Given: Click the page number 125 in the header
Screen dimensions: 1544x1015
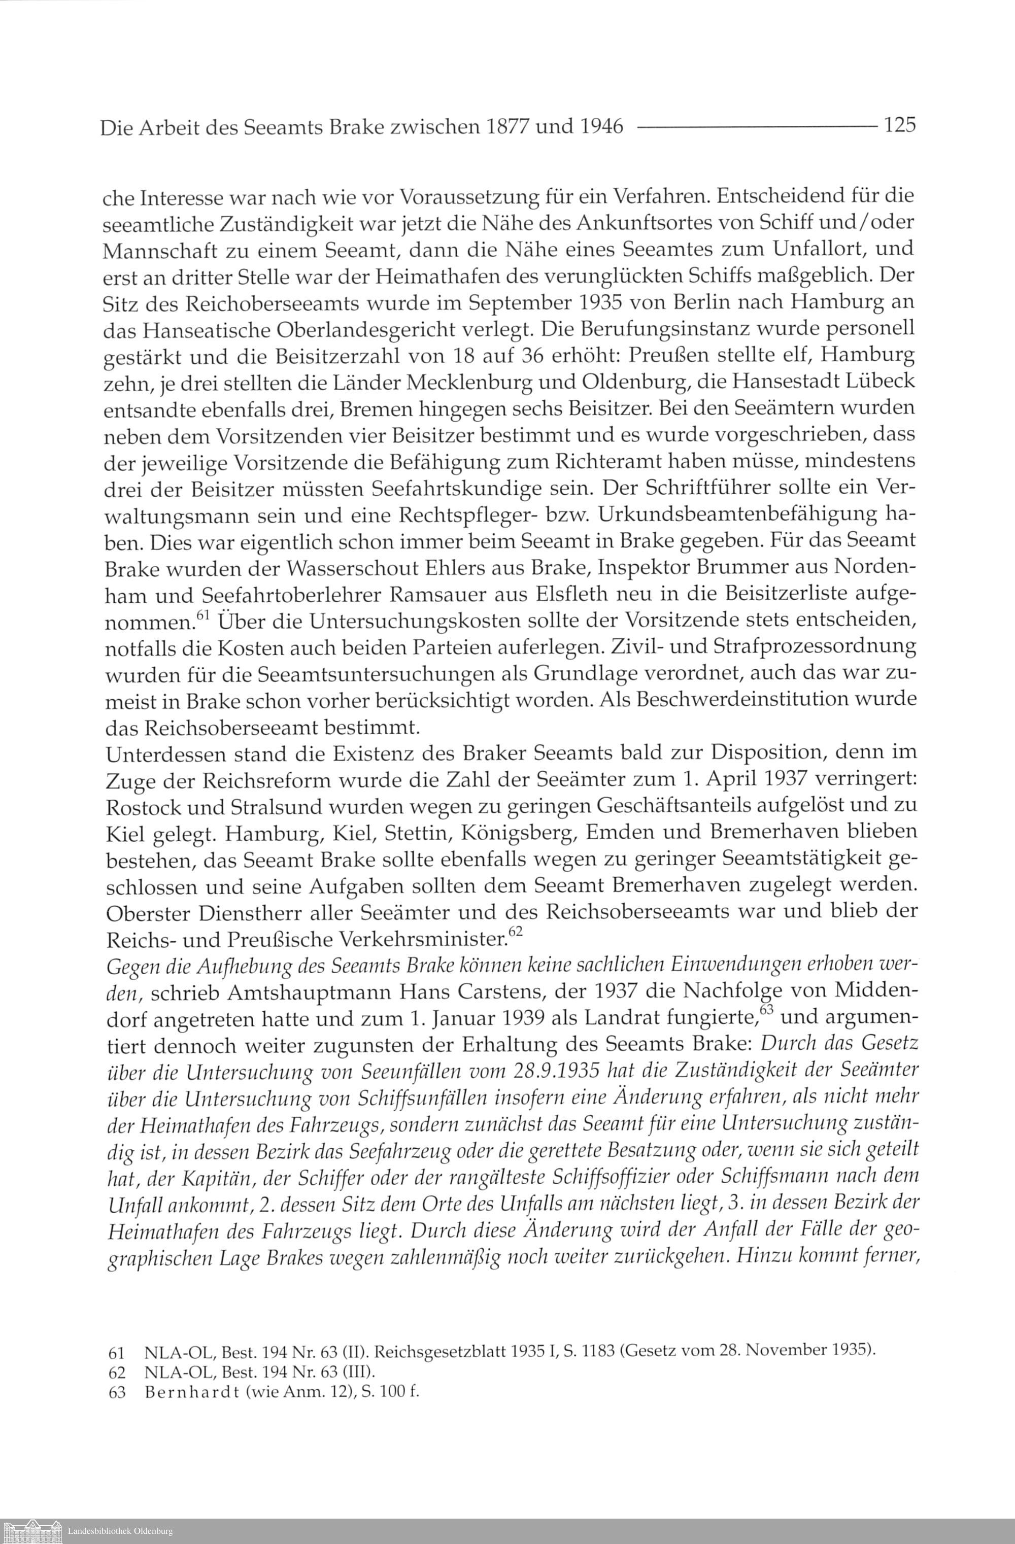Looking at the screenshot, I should (898, 124).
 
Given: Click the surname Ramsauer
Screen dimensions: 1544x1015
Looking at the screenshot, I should (419, 594).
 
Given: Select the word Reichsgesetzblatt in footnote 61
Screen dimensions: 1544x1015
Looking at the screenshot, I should (430, 1351).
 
